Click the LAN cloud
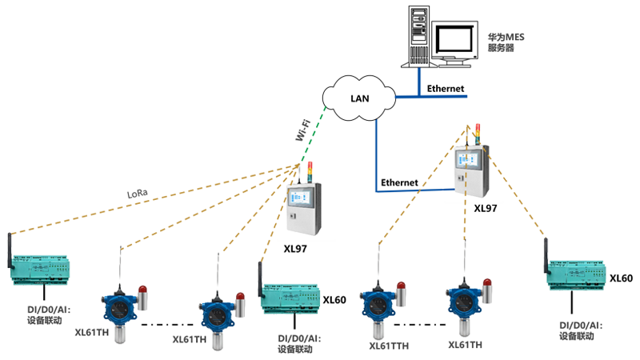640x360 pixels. click(x=359, y=98)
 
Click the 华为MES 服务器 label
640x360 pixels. click(x=506, y=42)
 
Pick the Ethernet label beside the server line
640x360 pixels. click(x=445, y=89)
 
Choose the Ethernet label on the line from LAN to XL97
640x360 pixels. click(x=399, y=182)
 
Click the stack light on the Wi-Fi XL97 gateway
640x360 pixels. click(x=309, y=172)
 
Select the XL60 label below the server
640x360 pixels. click(x=621, y=278)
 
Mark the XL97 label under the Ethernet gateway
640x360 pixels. click(x=485, y=208)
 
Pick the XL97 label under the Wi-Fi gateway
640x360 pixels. click(x=295, y=249)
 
